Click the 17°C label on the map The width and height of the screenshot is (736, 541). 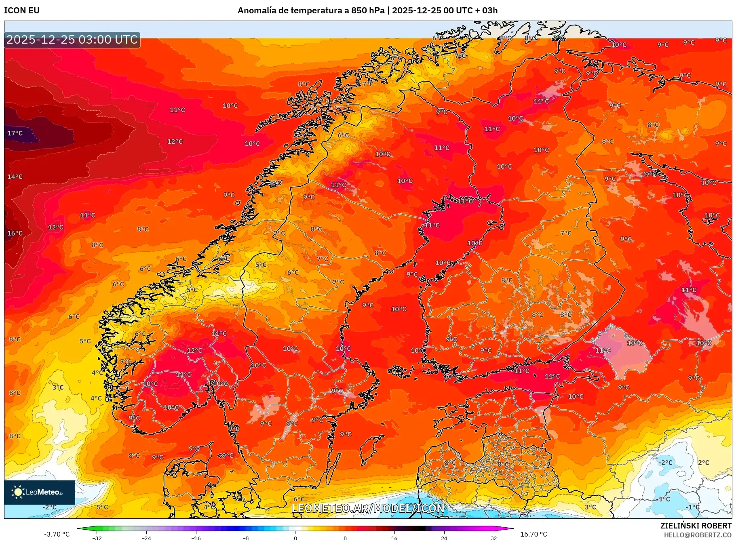tap(15, 133)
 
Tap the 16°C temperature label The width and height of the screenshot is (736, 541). tap(15, 233)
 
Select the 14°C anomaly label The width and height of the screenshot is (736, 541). tap(15, 177)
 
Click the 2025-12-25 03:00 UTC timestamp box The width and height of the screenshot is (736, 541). tap(72, 40)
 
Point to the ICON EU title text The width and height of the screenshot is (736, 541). tap(22, 11)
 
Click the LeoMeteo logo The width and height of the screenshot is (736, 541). tap(40, 492)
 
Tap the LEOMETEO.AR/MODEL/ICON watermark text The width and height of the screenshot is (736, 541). tap(368, 508)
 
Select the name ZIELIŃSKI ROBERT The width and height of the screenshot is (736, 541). tap(696, 526)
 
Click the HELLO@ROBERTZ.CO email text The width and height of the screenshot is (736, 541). tap(698, 535)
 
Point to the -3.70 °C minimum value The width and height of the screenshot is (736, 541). tap(57, 534)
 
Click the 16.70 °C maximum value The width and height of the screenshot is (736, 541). tap(534, 534)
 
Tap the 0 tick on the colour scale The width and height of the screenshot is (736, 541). tap(295, 538)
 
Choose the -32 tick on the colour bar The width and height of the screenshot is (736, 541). tap(97, 538)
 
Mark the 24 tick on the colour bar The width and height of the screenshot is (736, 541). tap(444, 538)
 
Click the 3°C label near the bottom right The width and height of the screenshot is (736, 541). tap(590, 507)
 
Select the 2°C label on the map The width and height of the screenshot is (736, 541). tap(704, 462)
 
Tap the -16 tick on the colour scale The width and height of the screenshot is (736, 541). tap(196, 538)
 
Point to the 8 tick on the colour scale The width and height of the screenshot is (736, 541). tap(345, 538)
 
